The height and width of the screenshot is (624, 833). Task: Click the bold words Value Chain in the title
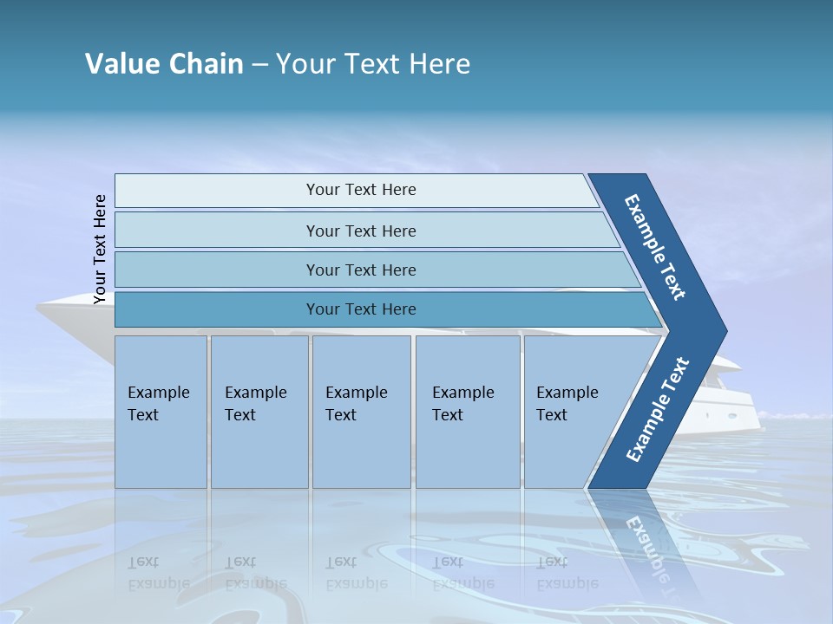click(x=164, y=63)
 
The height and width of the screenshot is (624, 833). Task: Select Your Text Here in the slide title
click(x=373, y=63)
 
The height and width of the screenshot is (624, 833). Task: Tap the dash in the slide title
click(x=259, y=64)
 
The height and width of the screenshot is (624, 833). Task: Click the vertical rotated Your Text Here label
click(x=100, y=250)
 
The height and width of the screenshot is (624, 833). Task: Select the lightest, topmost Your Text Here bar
click(x=360, y=190)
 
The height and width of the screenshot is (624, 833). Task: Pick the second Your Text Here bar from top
click(x=360, y=231)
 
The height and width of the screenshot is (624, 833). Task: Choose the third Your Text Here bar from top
click(x=360, y=270)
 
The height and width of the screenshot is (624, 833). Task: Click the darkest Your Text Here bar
click(x=360, y=309)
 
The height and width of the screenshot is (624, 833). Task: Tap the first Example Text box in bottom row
click(x=161, y=412)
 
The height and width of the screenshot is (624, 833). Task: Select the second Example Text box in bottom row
click(x=259, y=412)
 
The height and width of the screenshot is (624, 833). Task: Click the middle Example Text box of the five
click(x=361, y=412)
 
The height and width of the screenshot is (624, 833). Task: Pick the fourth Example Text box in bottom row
click(x=467, y=412)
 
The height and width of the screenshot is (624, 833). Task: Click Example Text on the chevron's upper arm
click(x=656, y=247)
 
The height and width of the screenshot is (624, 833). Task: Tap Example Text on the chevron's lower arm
click(x=658, y=409)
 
